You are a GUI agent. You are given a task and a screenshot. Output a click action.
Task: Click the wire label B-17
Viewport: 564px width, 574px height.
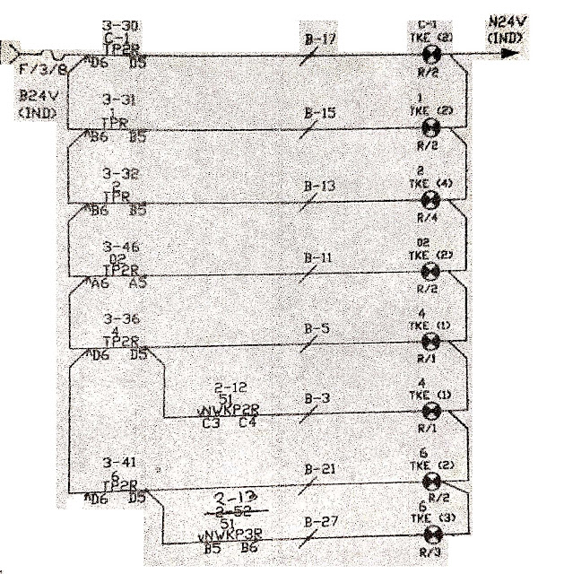click(x=319, y=39)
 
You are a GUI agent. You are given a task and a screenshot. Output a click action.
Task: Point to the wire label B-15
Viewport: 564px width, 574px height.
click(x=319, y=113)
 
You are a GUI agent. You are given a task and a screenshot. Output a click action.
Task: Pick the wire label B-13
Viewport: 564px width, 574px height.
click(x=319, y=186)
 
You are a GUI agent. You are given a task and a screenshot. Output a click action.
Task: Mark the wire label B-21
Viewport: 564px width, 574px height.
click(x=319, y=469)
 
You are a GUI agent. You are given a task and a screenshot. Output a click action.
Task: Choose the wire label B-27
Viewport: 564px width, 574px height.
click(x=319, y=520)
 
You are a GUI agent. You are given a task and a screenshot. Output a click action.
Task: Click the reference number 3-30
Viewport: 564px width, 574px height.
click(x=119, y=26)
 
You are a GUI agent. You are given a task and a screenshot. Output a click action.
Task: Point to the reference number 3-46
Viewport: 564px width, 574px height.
click(x=119, y=244)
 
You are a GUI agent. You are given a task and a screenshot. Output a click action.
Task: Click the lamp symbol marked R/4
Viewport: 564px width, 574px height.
click(x=430, y=199)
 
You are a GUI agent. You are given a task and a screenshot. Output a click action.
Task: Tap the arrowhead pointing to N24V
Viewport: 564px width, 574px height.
click(x=509, y=53)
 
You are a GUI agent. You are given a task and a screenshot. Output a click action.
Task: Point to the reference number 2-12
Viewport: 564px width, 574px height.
click(x=231, y=387)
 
